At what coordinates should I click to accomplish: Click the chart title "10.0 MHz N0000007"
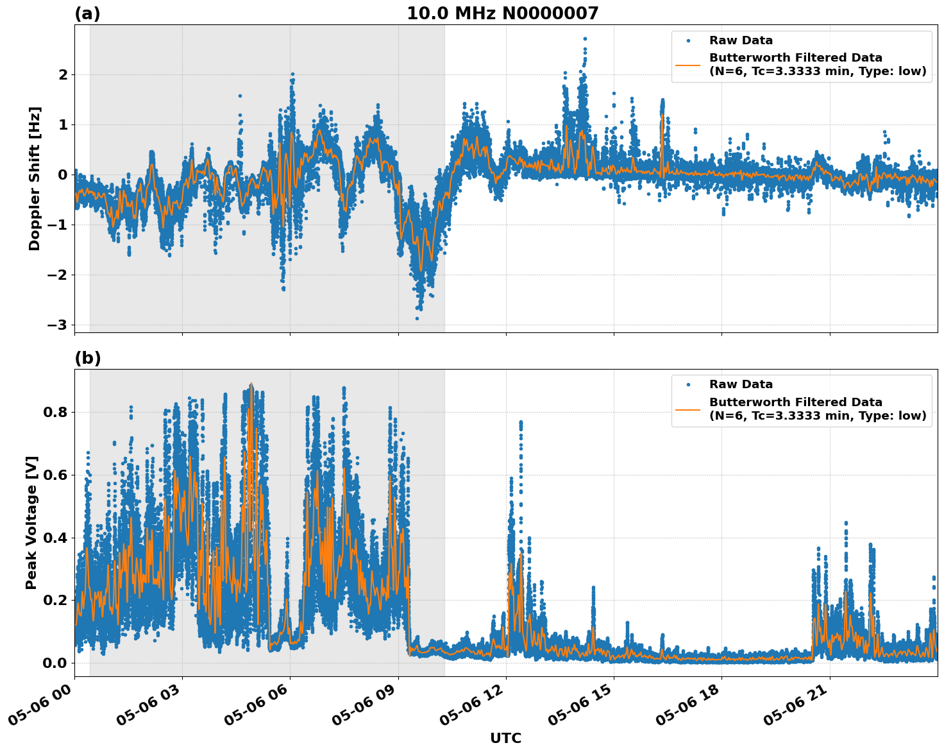[x=502, y=13]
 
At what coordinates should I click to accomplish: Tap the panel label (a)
[x=87, y=13]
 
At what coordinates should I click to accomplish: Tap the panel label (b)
[x=87, y=358]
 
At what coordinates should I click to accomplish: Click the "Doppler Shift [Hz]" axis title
[x=35, y=178]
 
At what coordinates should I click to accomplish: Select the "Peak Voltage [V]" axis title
[x=31, y=522]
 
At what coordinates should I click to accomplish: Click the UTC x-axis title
[x=505, y=738]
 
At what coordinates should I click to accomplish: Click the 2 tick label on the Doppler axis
[x=63, y=75]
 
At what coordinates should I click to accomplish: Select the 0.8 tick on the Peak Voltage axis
[x=54, y=412]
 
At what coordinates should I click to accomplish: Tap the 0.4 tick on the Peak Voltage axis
[x=54, y=538]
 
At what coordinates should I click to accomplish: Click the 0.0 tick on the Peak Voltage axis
[x=54, y=663]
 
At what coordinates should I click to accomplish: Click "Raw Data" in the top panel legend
[x=741, y=41]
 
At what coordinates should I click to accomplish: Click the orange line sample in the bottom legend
[x=687, y=409]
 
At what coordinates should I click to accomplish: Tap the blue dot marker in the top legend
[x=687, y=41]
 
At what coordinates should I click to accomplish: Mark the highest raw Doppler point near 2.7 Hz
[x=585, y=38]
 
